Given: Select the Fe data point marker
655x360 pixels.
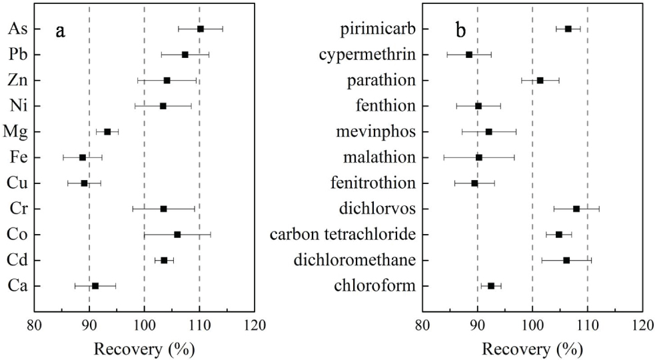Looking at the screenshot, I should point(83,157).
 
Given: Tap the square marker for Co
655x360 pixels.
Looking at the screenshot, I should point(177,235).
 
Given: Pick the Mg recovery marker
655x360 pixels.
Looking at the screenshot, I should point(107,132).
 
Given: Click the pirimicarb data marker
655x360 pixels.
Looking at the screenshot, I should point(568,29).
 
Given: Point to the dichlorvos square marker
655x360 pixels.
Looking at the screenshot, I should point(576,209).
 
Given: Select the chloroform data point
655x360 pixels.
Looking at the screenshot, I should point(491,286).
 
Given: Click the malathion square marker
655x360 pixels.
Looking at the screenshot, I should point(479,157).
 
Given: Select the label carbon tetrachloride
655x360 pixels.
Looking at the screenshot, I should point(342,235).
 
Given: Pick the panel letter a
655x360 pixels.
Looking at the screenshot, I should point(59,31).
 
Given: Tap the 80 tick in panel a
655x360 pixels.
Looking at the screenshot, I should point(34,325).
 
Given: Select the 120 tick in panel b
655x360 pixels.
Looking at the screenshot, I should point(642,325).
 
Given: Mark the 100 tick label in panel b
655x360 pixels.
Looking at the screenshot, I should point(532,325).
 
